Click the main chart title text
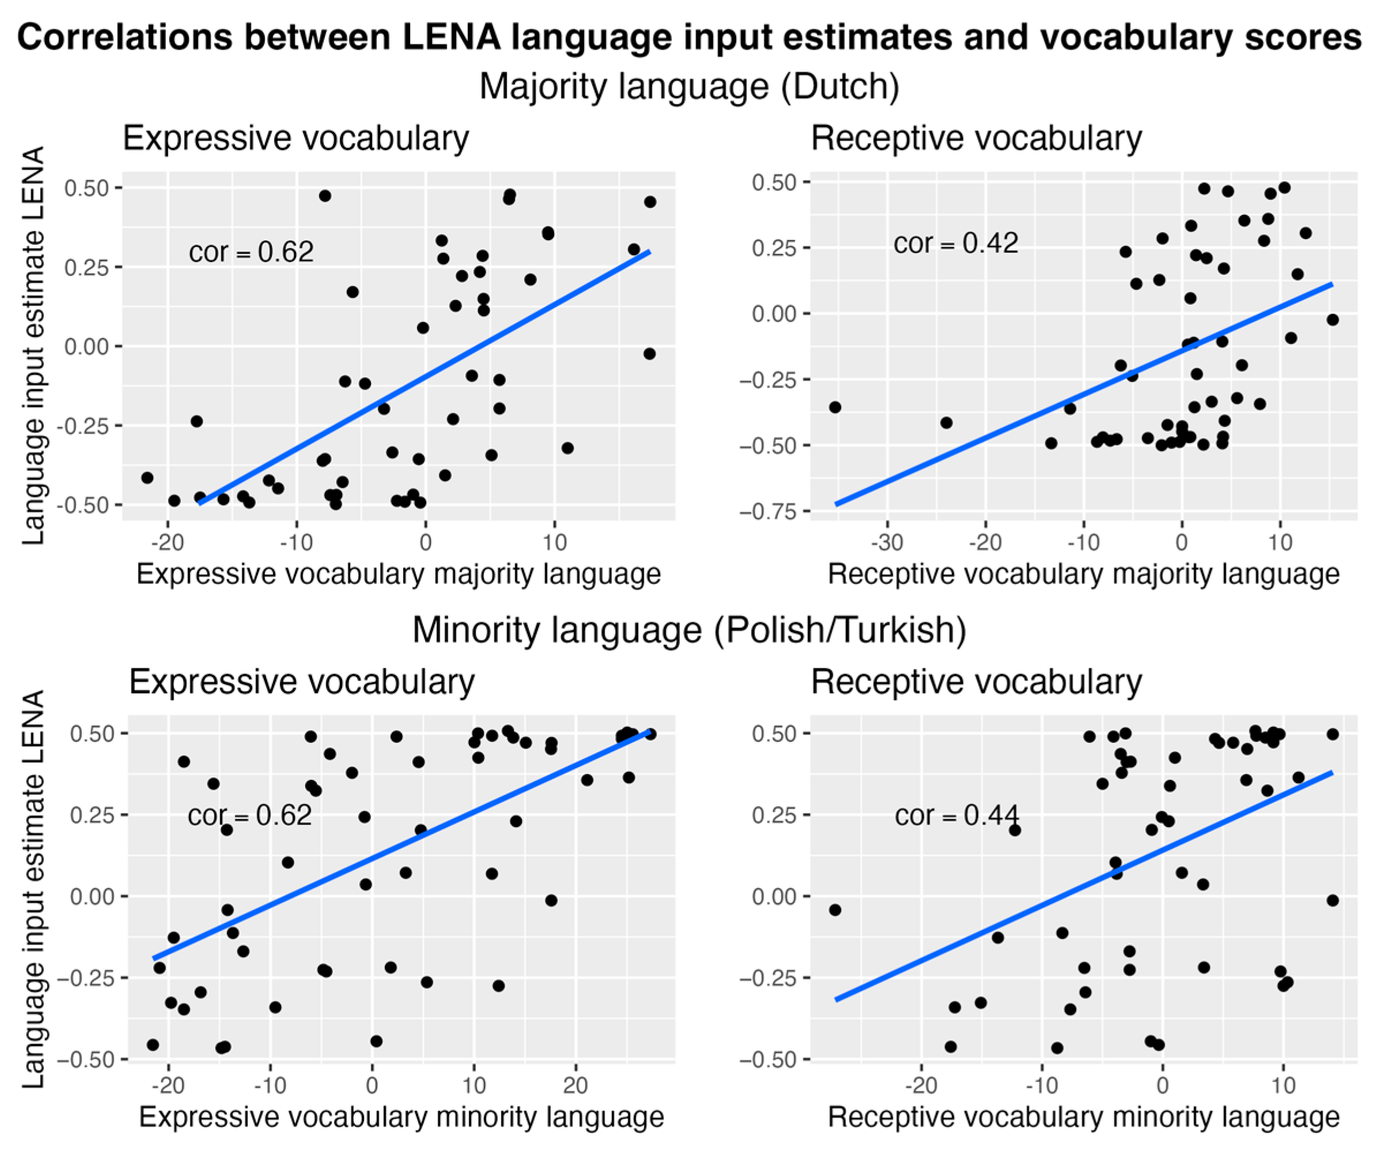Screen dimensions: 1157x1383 (689, 37)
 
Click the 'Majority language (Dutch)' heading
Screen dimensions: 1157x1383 (689, 86)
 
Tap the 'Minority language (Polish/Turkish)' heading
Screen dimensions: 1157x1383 (689, 630)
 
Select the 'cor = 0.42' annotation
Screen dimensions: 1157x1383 (956, 244)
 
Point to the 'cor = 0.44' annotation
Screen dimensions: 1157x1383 (956, 816)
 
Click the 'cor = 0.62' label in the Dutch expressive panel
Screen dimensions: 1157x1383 (251, 252)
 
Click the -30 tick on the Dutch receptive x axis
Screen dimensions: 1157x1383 (886, 543)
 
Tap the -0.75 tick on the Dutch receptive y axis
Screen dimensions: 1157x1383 (771, 511)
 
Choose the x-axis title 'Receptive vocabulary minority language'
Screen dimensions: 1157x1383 (1083, 1117)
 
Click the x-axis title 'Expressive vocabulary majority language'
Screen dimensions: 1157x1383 (399, 574)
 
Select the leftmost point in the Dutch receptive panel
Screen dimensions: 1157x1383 (835, 407)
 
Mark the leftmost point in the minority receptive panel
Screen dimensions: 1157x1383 (835, 910)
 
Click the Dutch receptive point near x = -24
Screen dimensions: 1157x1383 (946, 423)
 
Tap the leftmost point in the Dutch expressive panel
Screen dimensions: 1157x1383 (147, 477)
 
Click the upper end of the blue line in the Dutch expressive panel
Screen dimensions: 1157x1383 (649, 252)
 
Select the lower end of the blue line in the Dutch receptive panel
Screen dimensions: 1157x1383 (836, 504)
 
